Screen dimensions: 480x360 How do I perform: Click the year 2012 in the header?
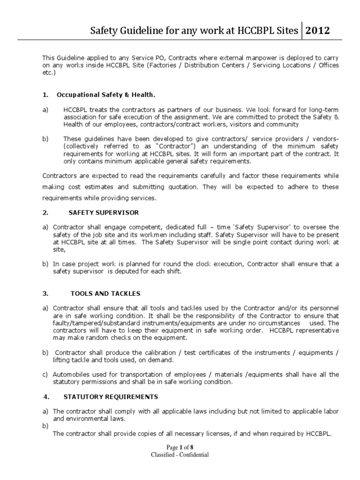[x=318, y=31]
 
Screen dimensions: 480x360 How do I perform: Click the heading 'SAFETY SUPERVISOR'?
[x=104, y=212]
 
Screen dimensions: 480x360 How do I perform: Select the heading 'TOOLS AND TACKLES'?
[x=105, y=294]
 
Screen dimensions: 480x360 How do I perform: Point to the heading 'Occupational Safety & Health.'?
[x=105, y=95]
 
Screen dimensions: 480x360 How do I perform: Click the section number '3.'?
[x=45, y=294]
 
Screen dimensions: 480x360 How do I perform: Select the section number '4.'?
[x=46, y=397]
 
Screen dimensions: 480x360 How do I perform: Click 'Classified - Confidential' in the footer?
[x=180, y=455]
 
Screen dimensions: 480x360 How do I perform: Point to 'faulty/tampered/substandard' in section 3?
[x=92, y=323]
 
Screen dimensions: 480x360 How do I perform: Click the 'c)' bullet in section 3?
[x=45, y=374]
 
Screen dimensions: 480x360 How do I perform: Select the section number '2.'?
[x=45, y=212]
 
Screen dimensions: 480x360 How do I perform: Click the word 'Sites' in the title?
[x=287, y=31]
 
